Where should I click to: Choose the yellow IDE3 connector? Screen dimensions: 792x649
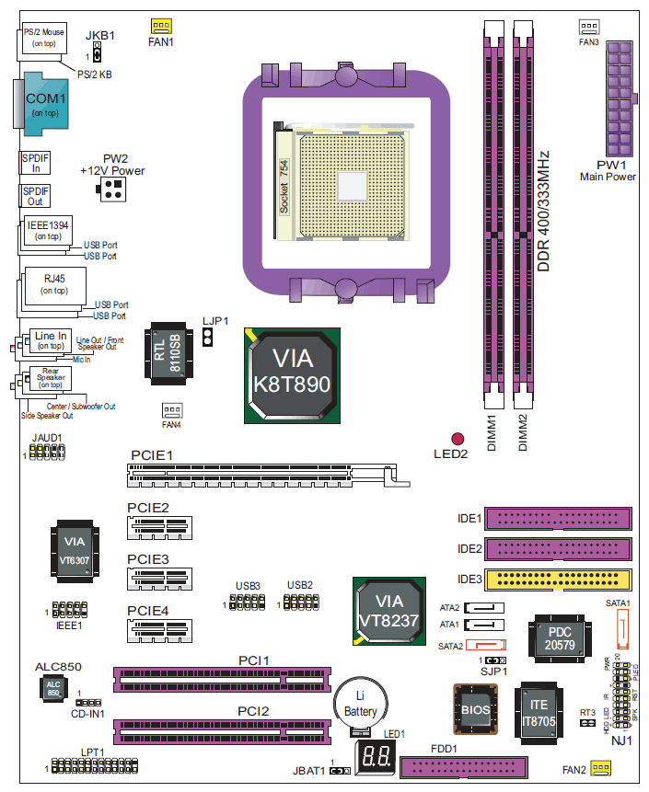[558, 580]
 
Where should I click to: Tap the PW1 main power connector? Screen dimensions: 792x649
[617, 98]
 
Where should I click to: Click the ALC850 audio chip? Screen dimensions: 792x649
[52, 689]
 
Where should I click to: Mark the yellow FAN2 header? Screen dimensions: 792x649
[601, 768]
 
